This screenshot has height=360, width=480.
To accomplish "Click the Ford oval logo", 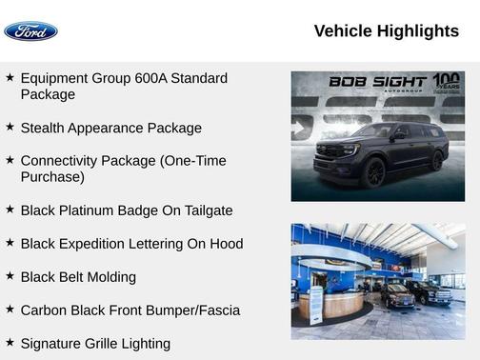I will (30, 31).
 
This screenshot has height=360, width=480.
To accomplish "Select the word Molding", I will (110, 277).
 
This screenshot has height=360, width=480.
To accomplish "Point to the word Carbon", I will (45, 310).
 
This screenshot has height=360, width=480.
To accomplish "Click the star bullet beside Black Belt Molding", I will (10, 276).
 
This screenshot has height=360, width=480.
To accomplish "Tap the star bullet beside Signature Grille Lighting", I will (10, 343).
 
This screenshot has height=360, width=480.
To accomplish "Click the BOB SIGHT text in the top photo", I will (378, 82).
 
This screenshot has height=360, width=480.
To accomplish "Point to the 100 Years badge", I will (446, 82).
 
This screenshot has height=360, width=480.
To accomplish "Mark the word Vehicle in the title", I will (343, 31).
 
